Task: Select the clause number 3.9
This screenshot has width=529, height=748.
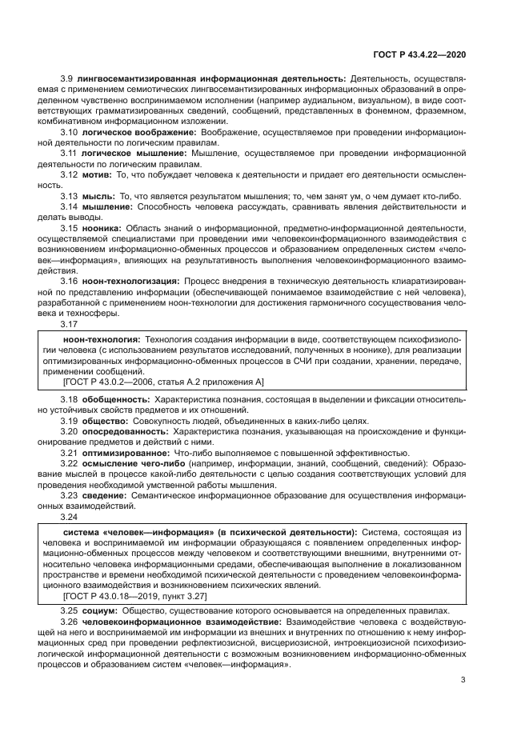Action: [x=67, y=78]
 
